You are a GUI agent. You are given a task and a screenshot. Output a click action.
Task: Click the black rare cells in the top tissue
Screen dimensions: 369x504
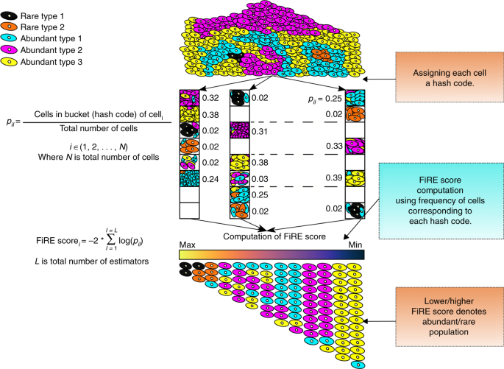click(x=234, y=56)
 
